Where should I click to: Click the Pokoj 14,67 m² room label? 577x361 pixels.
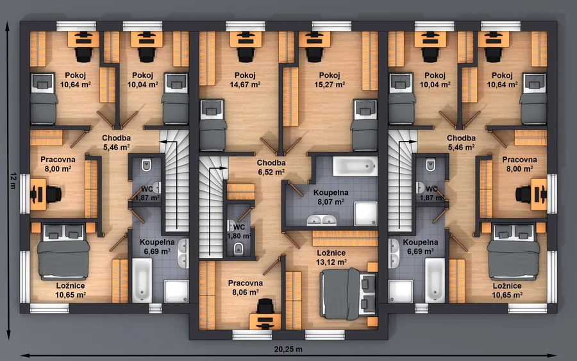click(245, 80)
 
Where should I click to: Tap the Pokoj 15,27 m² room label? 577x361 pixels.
click(330, 80)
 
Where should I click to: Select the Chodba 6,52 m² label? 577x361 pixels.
click(271, 167)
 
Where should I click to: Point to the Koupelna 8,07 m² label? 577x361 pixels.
click(331, 197)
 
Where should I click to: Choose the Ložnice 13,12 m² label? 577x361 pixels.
click(331, 257)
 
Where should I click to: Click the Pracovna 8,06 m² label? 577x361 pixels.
click(245, 287)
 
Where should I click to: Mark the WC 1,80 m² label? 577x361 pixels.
click(239, 231)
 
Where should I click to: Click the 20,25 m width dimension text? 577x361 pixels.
click(288, 349)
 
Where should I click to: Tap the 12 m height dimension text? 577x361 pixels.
click(13, 180)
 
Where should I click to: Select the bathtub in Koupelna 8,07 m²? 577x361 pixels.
click(355, 166)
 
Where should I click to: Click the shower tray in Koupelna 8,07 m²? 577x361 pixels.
click(365, 214)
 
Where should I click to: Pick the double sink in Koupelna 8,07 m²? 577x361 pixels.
click(322, 220)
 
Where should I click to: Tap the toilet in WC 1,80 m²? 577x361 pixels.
click(238, 248)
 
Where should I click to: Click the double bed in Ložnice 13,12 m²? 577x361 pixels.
click(349, 294)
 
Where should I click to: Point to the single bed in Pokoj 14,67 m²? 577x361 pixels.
click(212, 125)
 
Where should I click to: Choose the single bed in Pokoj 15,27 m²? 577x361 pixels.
click(365, 125)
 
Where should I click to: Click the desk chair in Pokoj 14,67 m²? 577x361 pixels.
click(246, 53)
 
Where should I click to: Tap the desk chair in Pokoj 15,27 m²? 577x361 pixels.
click(314, 53)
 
